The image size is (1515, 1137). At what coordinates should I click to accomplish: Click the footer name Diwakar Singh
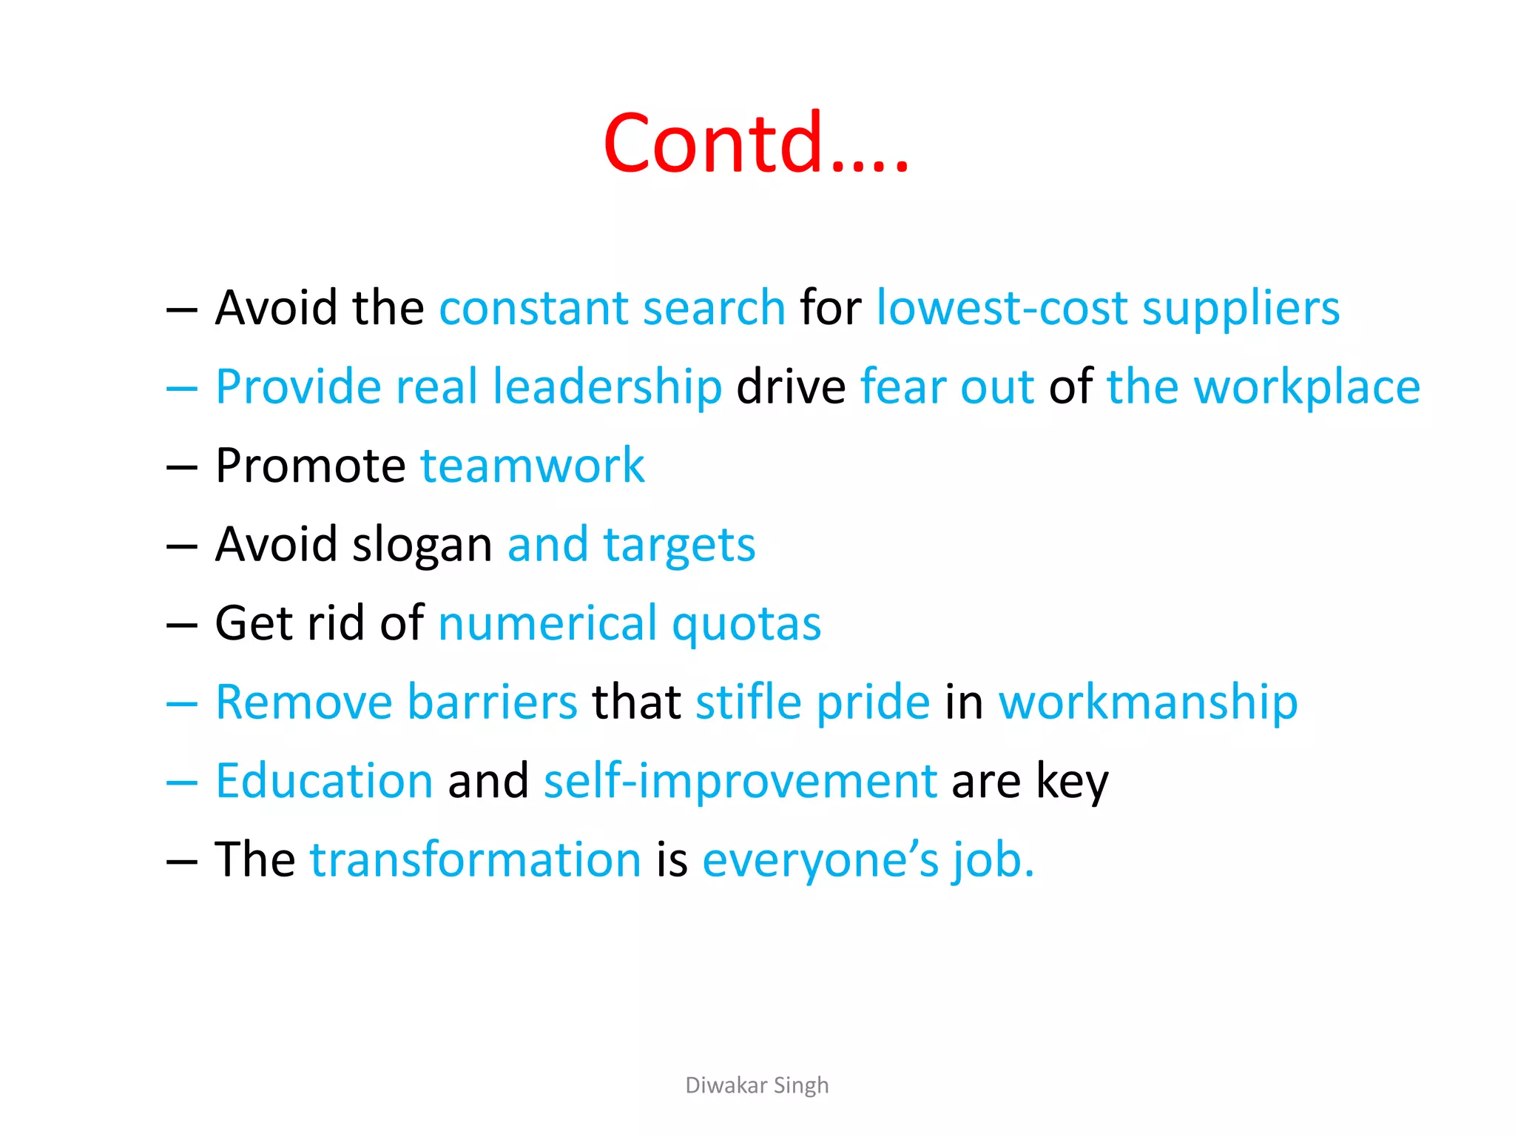[757, 1085]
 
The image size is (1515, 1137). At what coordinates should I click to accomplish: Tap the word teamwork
[533, 466]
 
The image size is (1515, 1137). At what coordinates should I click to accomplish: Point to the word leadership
[607, 386]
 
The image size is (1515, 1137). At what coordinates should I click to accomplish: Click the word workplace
[1307, 386]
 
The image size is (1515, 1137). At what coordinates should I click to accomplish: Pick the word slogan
[422, 546]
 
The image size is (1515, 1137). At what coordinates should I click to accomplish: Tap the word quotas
[746, 623]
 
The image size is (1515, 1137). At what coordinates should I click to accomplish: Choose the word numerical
[547, 623]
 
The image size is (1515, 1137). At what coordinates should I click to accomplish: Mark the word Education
[324, 781]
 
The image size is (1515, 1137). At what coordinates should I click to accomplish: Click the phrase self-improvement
[740, 781]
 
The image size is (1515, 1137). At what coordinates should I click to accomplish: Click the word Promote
[311, 466]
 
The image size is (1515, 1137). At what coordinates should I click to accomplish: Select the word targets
[679, 546]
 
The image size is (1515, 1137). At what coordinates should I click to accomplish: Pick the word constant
[533, 308]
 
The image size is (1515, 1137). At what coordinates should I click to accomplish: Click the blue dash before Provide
[182, 387]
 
